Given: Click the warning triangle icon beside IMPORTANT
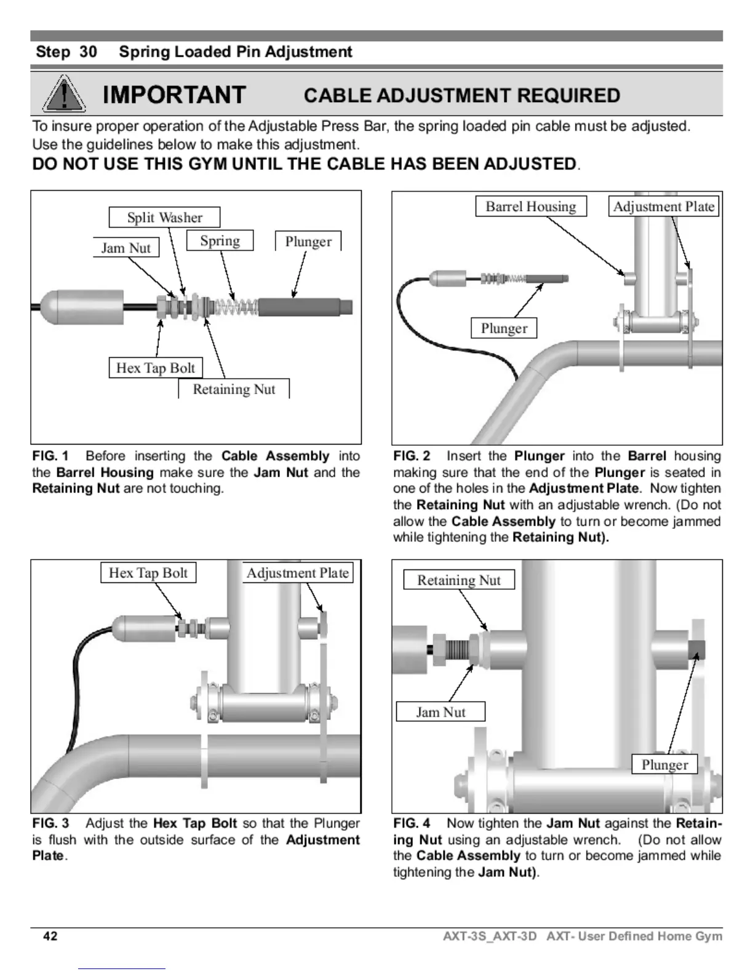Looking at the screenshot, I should (64, 95).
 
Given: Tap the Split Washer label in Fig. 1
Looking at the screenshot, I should (164, 218).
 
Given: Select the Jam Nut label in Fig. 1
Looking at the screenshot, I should (126, 248).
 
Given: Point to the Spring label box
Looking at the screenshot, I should (220, 240).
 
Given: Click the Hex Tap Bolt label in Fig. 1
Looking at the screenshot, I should (156, 368).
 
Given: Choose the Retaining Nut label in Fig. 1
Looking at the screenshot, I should (234, 389).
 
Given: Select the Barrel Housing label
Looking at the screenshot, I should (531, 207).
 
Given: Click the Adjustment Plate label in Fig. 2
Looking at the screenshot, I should (664, 207).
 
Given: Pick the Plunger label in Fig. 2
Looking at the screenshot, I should (504, 328).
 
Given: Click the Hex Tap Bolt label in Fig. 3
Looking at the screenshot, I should (148, 573).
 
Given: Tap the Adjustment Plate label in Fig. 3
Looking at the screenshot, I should (298, 573).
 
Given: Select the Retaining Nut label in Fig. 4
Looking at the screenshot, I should (459, 580).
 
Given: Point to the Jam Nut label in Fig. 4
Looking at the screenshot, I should (440, 712).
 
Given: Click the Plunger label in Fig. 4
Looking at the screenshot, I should (664, 764).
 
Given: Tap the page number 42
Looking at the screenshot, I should (50, 936).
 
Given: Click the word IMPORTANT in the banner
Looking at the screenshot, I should (175, 95).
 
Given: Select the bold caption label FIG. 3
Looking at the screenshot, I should (50, 823).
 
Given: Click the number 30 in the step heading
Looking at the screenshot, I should (88, 52).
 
